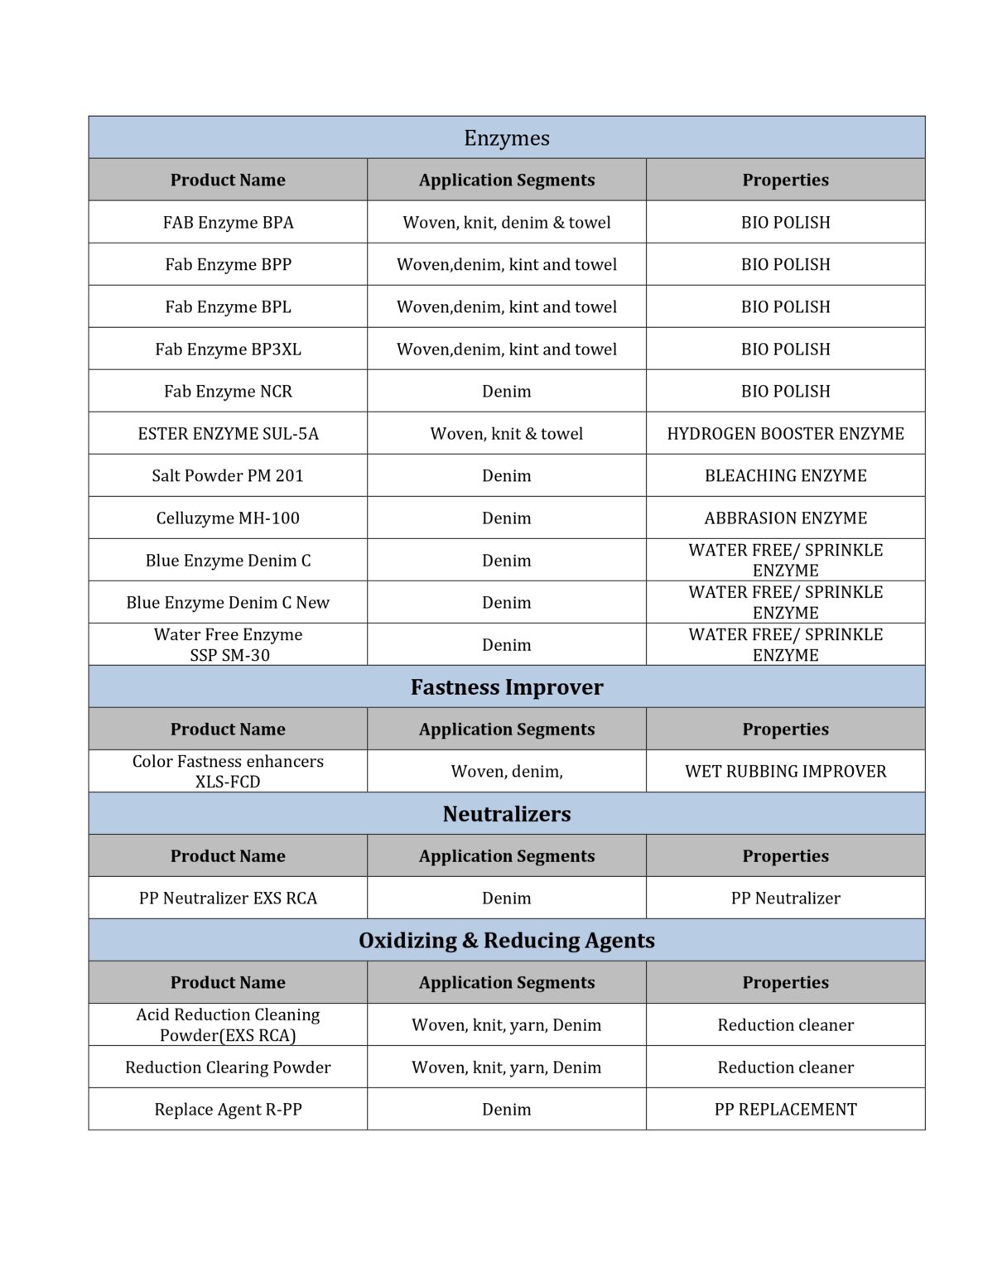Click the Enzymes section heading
506,137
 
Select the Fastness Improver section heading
506,687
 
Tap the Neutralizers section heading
506,813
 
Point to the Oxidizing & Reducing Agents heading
506,940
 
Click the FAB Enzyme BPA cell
228,222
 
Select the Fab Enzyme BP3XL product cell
228,349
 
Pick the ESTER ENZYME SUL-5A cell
228,433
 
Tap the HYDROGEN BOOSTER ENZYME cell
785,433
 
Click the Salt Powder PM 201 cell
228,475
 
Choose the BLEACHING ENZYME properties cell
785,475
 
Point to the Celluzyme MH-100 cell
228,518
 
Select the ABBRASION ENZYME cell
785,518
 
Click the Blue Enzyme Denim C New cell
228,602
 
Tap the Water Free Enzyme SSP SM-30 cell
228,644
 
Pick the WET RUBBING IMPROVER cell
785,771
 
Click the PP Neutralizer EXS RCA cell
228,898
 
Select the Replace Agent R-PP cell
228,1109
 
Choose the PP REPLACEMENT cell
785,1109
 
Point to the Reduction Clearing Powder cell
228,1067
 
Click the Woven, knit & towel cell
506,433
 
